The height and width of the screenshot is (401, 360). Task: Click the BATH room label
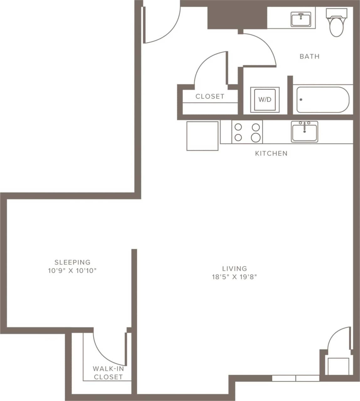point(309,56)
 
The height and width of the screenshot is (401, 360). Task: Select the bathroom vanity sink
point(301,19)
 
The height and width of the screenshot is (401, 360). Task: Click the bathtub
point(322,100)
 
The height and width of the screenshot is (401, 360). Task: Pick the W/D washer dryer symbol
point(264,100)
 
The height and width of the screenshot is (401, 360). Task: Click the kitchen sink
point(304,132)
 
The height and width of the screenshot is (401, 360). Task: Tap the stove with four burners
point(247,132)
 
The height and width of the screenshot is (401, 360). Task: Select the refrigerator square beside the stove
point(202,136)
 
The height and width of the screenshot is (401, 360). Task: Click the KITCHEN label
point(271,154)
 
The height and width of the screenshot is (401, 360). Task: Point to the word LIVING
point(234,268)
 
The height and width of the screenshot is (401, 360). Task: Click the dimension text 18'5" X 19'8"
point(234,277)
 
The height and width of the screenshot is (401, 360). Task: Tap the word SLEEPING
point(72,262)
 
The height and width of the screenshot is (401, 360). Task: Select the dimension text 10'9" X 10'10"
point(72,271)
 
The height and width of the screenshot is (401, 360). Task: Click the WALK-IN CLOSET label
point(108,373)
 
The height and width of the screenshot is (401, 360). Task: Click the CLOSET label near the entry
point(210,96)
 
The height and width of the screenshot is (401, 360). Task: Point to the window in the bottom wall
point(295,378)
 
